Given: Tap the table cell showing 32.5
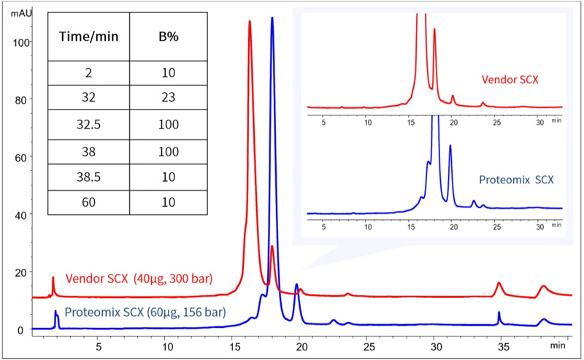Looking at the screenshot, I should coord(88,124).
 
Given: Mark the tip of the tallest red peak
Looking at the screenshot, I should coord(250,21).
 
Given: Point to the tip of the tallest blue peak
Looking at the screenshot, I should coord(272,18).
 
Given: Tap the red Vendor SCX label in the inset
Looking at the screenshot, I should coord(510,78).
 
